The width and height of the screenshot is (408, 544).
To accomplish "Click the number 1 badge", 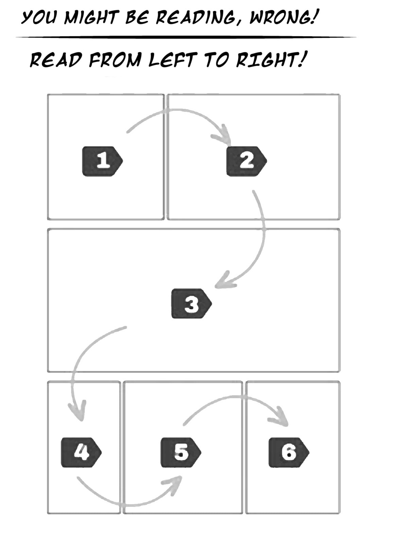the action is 102,161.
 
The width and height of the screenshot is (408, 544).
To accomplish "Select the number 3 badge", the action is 191,304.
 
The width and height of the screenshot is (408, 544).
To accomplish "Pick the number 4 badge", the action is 81,453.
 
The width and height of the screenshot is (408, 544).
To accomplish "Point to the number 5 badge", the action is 181,453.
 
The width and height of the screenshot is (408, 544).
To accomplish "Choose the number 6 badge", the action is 289,453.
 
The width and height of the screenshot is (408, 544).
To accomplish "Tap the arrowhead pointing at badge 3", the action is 224,281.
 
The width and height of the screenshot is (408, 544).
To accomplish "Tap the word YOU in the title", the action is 39,17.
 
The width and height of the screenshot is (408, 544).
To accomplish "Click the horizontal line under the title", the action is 186,37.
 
